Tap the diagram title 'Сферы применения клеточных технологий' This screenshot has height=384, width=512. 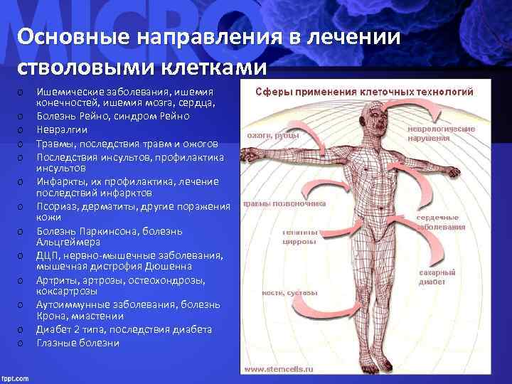point(365,92)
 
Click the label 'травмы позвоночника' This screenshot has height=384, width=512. point(284,203)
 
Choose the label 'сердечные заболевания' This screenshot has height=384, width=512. point(440,223)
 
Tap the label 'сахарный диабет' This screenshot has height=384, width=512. point(437,277)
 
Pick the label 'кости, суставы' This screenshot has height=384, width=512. point(280,292)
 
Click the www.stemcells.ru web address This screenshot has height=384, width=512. point(279,369)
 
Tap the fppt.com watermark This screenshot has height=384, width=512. point(18,373)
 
